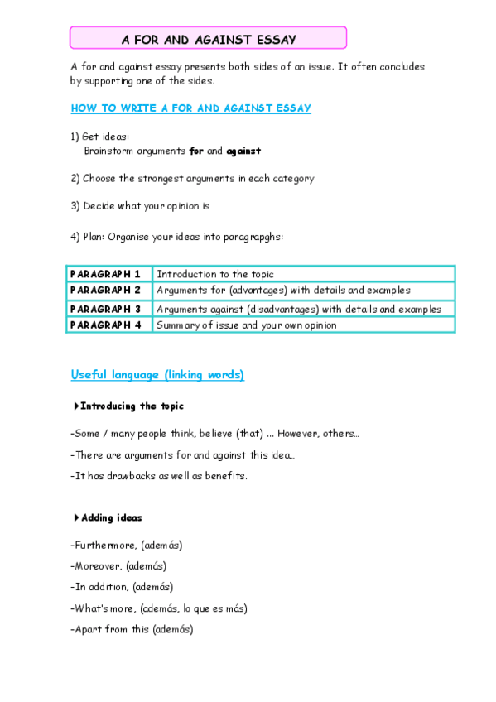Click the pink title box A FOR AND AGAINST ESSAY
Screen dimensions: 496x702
[208, 38]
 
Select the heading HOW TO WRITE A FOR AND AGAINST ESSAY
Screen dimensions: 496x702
[191, 108]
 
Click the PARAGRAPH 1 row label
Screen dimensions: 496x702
[106, 274]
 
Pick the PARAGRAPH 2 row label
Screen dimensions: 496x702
[106, 291]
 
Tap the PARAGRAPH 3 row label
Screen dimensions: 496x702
[106, 309]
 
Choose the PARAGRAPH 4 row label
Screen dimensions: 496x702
[106, 325]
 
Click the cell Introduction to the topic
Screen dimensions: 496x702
[215, 274]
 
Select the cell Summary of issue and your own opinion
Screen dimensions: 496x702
[247, 325]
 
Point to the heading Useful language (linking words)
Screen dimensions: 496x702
[157, 375]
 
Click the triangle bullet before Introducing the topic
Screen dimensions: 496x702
[76, 406]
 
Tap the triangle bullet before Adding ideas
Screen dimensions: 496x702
[76, 518]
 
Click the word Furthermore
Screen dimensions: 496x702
[98, 546]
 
